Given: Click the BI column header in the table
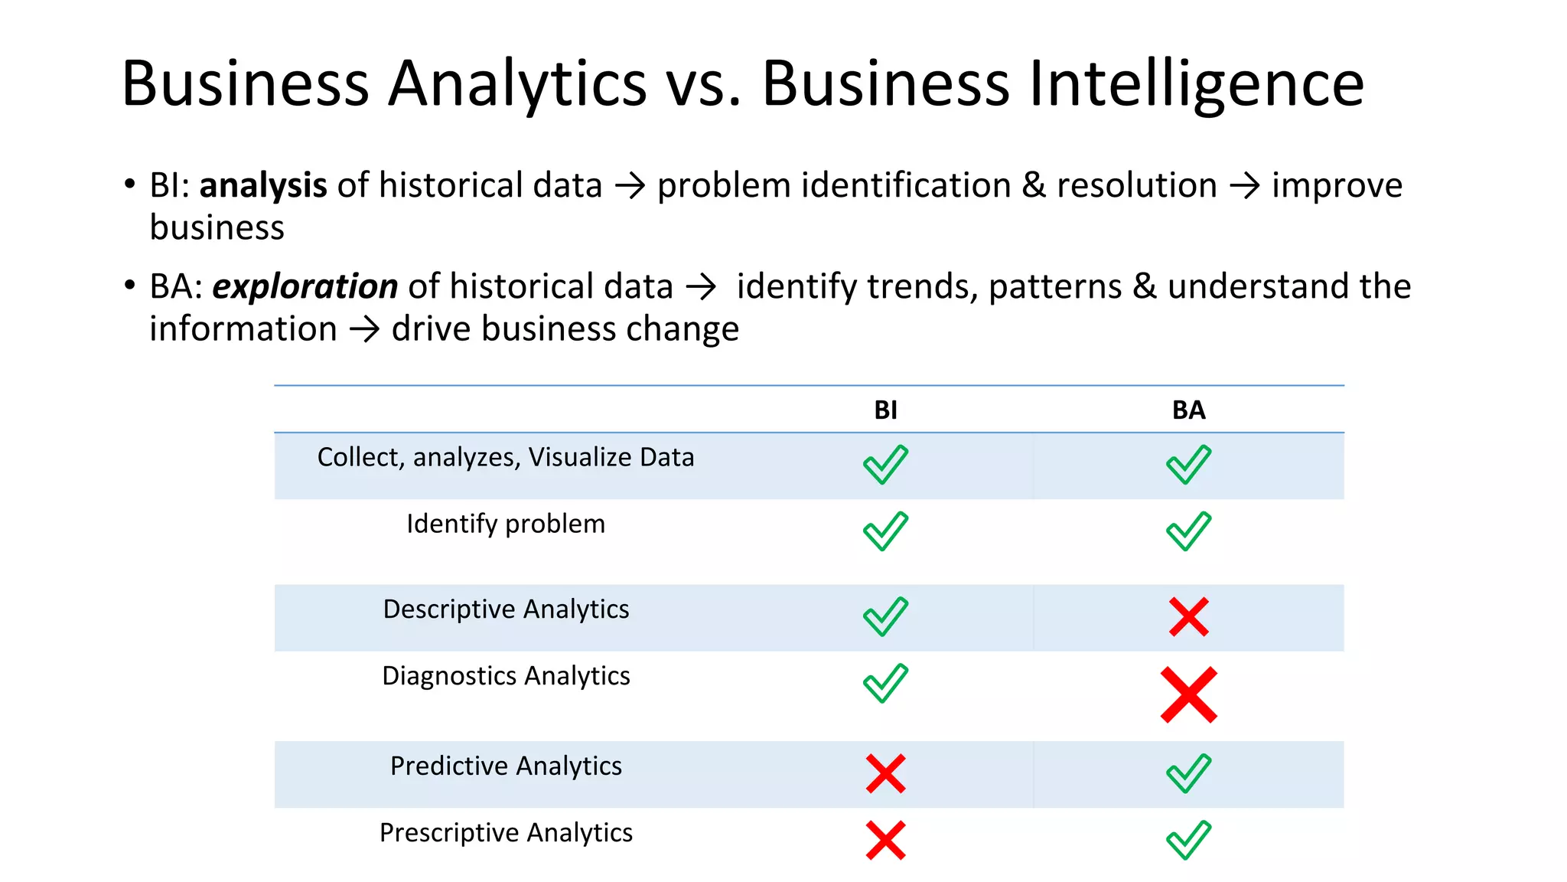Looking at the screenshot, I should [x=885, y=410].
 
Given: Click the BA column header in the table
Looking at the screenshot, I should [x=1188, y=410].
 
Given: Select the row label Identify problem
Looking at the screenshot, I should [x=506, y=524].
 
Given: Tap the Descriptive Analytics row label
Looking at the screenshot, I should [x=506, y=609].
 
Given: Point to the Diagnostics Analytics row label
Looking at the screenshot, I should [x=506, y=676].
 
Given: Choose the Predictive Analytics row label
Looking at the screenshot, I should [x=506, y=766].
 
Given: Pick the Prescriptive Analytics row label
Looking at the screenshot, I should [x=506, y=833].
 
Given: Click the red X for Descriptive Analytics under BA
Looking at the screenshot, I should [x=1188, y=617].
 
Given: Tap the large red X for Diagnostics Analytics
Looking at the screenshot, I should [x=1188, y=694].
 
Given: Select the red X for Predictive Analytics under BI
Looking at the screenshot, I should [x=885, y=773].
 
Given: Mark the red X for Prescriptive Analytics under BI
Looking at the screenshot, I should [x=885, y=840].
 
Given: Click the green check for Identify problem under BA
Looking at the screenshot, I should [x=1188, y=531].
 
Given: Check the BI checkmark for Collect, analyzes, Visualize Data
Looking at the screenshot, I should [x=885, y=465].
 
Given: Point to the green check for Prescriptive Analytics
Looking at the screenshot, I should [x=1188, y=840].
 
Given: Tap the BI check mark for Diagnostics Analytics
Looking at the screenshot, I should [x=885, y=683].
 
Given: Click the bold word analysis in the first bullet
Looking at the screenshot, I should [x=263, y=186].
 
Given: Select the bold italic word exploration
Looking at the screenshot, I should [x=305, y=287].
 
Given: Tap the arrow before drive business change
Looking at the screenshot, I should [x=364, y=330].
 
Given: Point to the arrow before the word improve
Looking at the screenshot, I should [x=1244, y=186].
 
